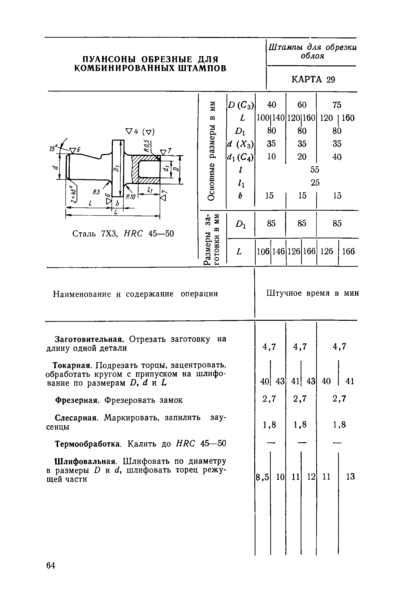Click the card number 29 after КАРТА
coord(331,80)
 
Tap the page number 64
coord(51,565)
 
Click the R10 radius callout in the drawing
coord(130,197)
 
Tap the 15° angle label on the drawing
coord(53,149)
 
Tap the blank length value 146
coord(279,251)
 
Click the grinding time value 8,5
coord(262,477)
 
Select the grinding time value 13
coord(350,477)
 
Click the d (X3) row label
coord(240,144)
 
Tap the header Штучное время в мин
coord(313,293)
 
